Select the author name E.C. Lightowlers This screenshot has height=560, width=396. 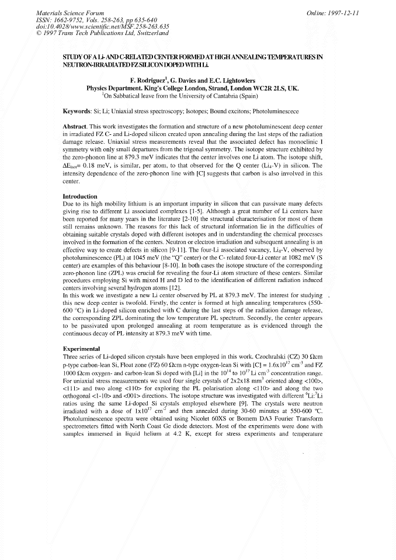(x=244, y=79)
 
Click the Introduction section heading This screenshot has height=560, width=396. (x=81, y=196)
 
